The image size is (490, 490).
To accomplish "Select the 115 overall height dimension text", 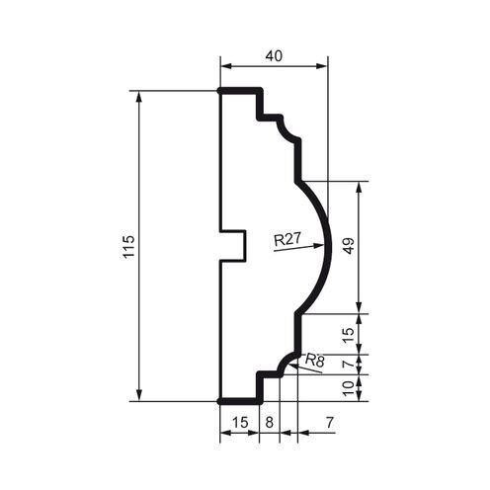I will click(127, 247).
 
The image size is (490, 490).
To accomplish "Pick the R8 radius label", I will click(315, 362).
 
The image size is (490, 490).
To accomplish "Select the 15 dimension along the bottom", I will click(238, 423).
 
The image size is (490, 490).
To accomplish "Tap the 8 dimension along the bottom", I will click(271, 423).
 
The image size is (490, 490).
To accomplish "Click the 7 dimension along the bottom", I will click(327, 423).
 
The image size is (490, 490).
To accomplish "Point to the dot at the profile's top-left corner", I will click(218, 91).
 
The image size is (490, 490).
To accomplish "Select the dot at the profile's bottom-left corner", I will click(218, 401).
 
